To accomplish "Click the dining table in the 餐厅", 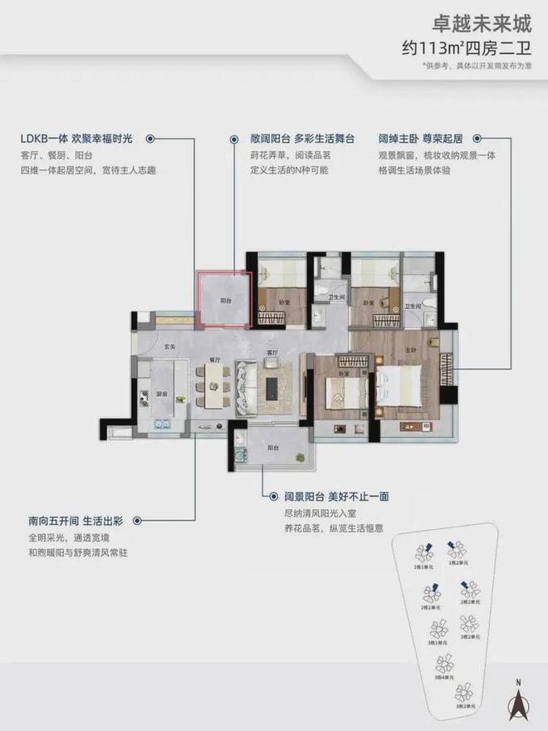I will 214,388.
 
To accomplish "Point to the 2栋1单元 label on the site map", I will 429,608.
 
